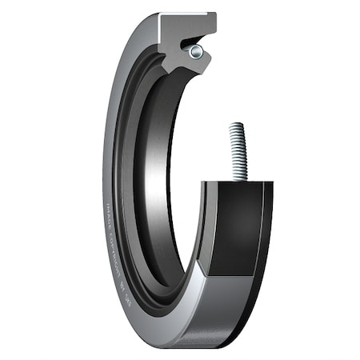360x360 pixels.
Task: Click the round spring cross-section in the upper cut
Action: [x=196, y=52]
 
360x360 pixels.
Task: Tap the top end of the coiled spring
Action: [x=237, y=126]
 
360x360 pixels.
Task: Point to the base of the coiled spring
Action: [x=238, y=178]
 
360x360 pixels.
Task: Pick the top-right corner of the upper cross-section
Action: [x=215, y=14]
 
